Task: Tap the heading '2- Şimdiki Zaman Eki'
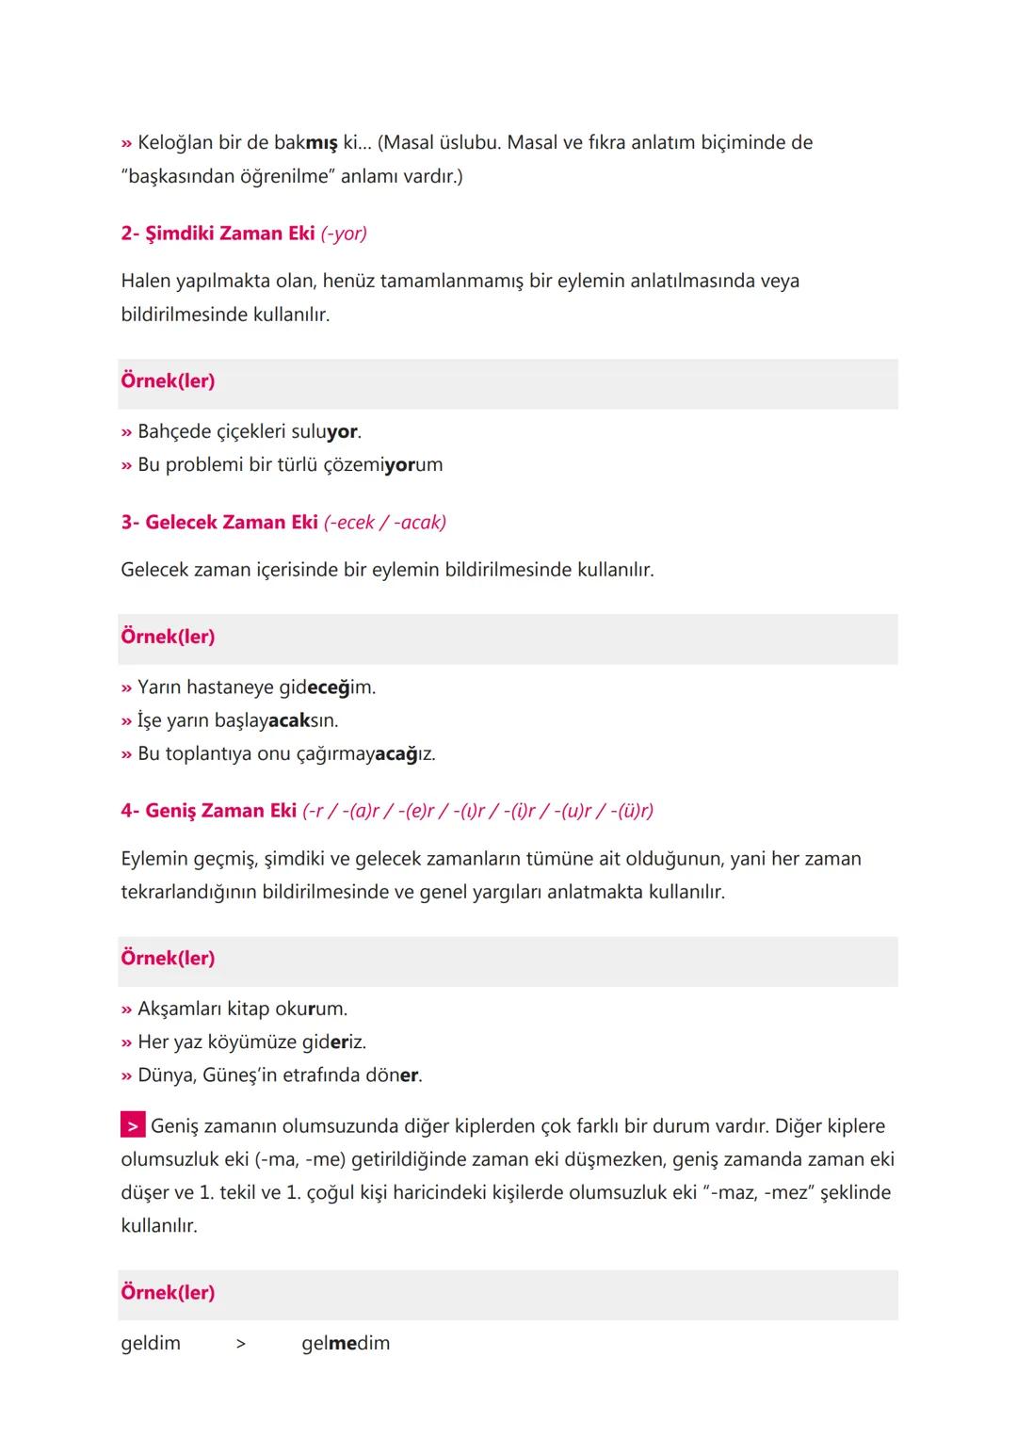click(x=218, y=234)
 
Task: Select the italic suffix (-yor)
click(x=344, y=234)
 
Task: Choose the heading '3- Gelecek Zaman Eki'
click(x=219, y=523)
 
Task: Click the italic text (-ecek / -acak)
click(x=385, y=523)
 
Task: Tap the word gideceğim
click(x=327, y=687)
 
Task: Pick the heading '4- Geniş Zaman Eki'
click(x=208, y=811)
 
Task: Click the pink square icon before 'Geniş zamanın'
click(x=133, y=1125)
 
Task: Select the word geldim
click(x=151, y=1344)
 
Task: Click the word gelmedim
click(x=346, y=1344)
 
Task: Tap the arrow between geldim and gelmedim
click(x=241, y=1345)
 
